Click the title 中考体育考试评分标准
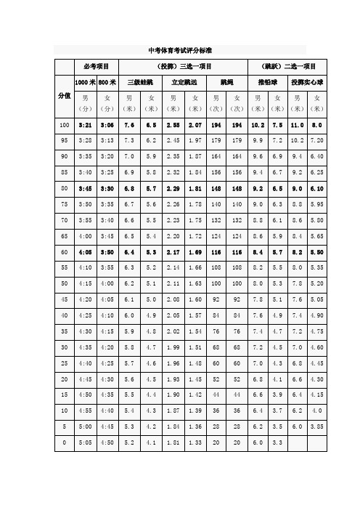[x=179, y=50]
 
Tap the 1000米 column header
[x=85, y=83]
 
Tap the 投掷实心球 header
[x=306, y=83]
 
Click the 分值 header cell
[x=64, y=96]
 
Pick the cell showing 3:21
[x=85, y=126]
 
